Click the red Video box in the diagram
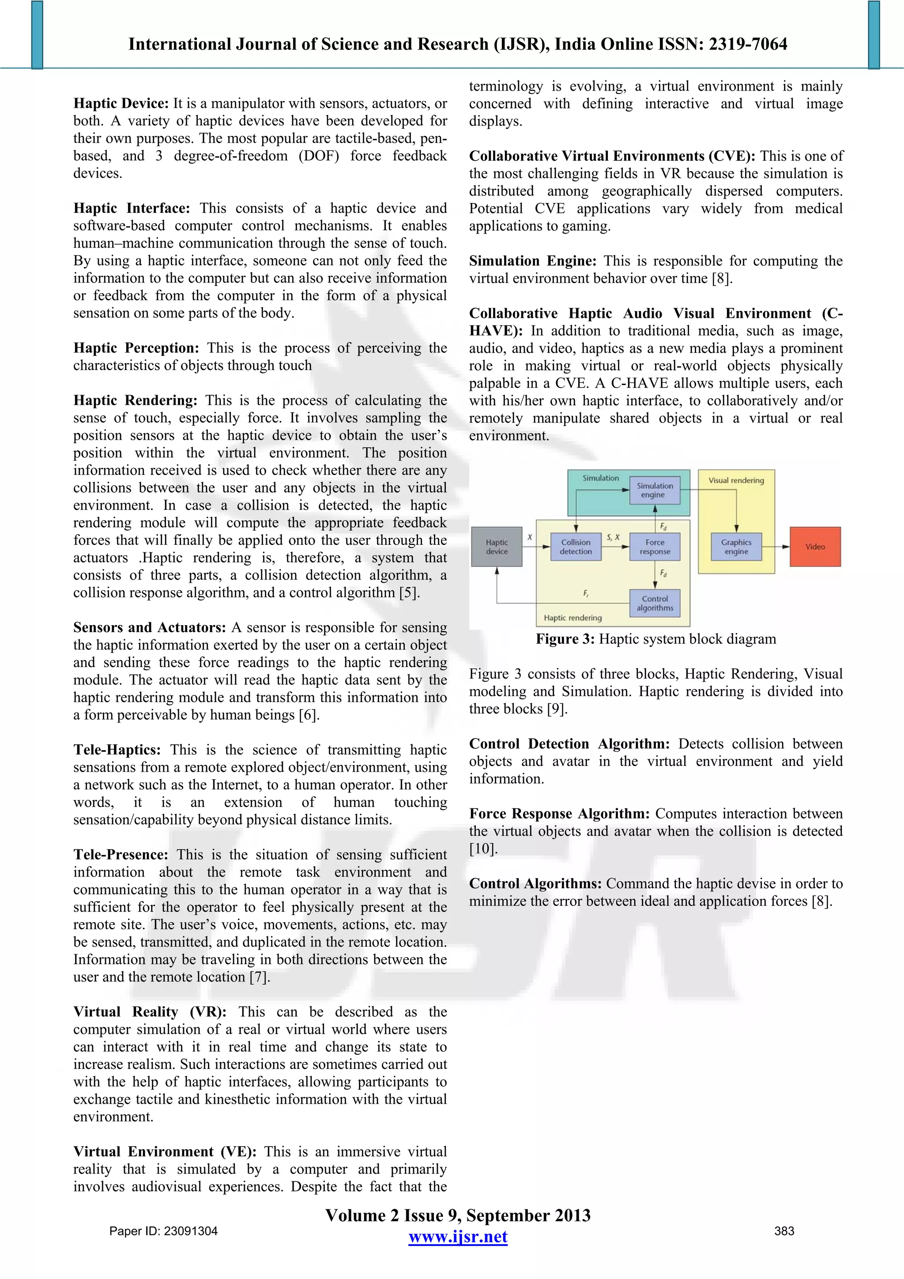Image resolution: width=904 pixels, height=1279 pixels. [x=815, y=547]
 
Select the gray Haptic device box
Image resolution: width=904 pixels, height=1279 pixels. [x=496, y=547]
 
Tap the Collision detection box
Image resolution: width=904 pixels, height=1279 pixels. [x=576, y=547]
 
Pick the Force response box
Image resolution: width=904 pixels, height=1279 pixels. [x=655, y=547]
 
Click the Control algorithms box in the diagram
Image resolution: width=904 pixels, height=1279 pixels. [x=655, y=603]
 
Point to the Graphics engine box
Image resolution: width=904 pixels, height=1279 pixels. [x=736, y=547]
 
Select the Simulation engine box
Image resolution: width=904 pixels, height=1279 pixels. [x=655, y=490]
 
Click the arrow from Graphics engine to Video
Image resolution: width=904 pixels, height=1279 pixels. [x=776, y=547]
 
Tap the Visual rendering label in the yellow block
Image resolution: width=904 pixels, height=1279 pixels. [x=736, y=480]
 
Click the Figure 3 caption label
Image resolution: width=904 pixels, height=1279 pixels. [x=565, y=639]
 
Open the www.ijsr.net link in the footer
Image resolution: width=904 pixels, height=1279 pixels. [x=458, y=1237]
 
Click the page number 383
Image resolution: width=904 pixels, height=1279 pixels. [x=784, y=1231]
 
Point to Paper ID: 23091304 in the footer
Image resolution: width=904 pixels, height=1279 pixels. [x=163, y=1231]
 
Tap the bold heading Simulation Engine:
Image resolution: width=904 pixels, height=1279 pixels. [x=532, y=261]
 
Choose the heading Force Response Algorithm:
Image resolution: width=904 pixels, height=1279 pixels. [x=560, y=814]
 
